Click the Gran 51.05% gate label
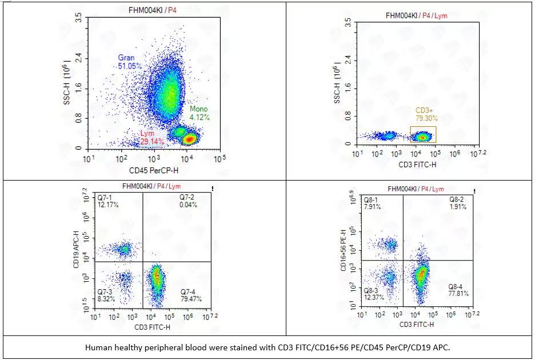[x=130, y=62]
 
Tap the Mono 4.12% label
[x=199, y=113]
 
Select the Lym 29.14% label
[x=152, y=137]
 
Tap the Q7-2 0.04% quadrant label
[x=189, y=201]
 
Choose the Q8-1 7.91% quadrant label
[x=373, y=203]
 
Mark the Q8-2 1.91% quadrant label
[x=457, y=203]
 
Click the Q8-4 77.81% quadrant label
[x=458, y=290]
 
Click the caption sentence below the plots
[x=267, y=347]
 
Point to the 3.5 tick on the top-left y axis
[x=78, y=19]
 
